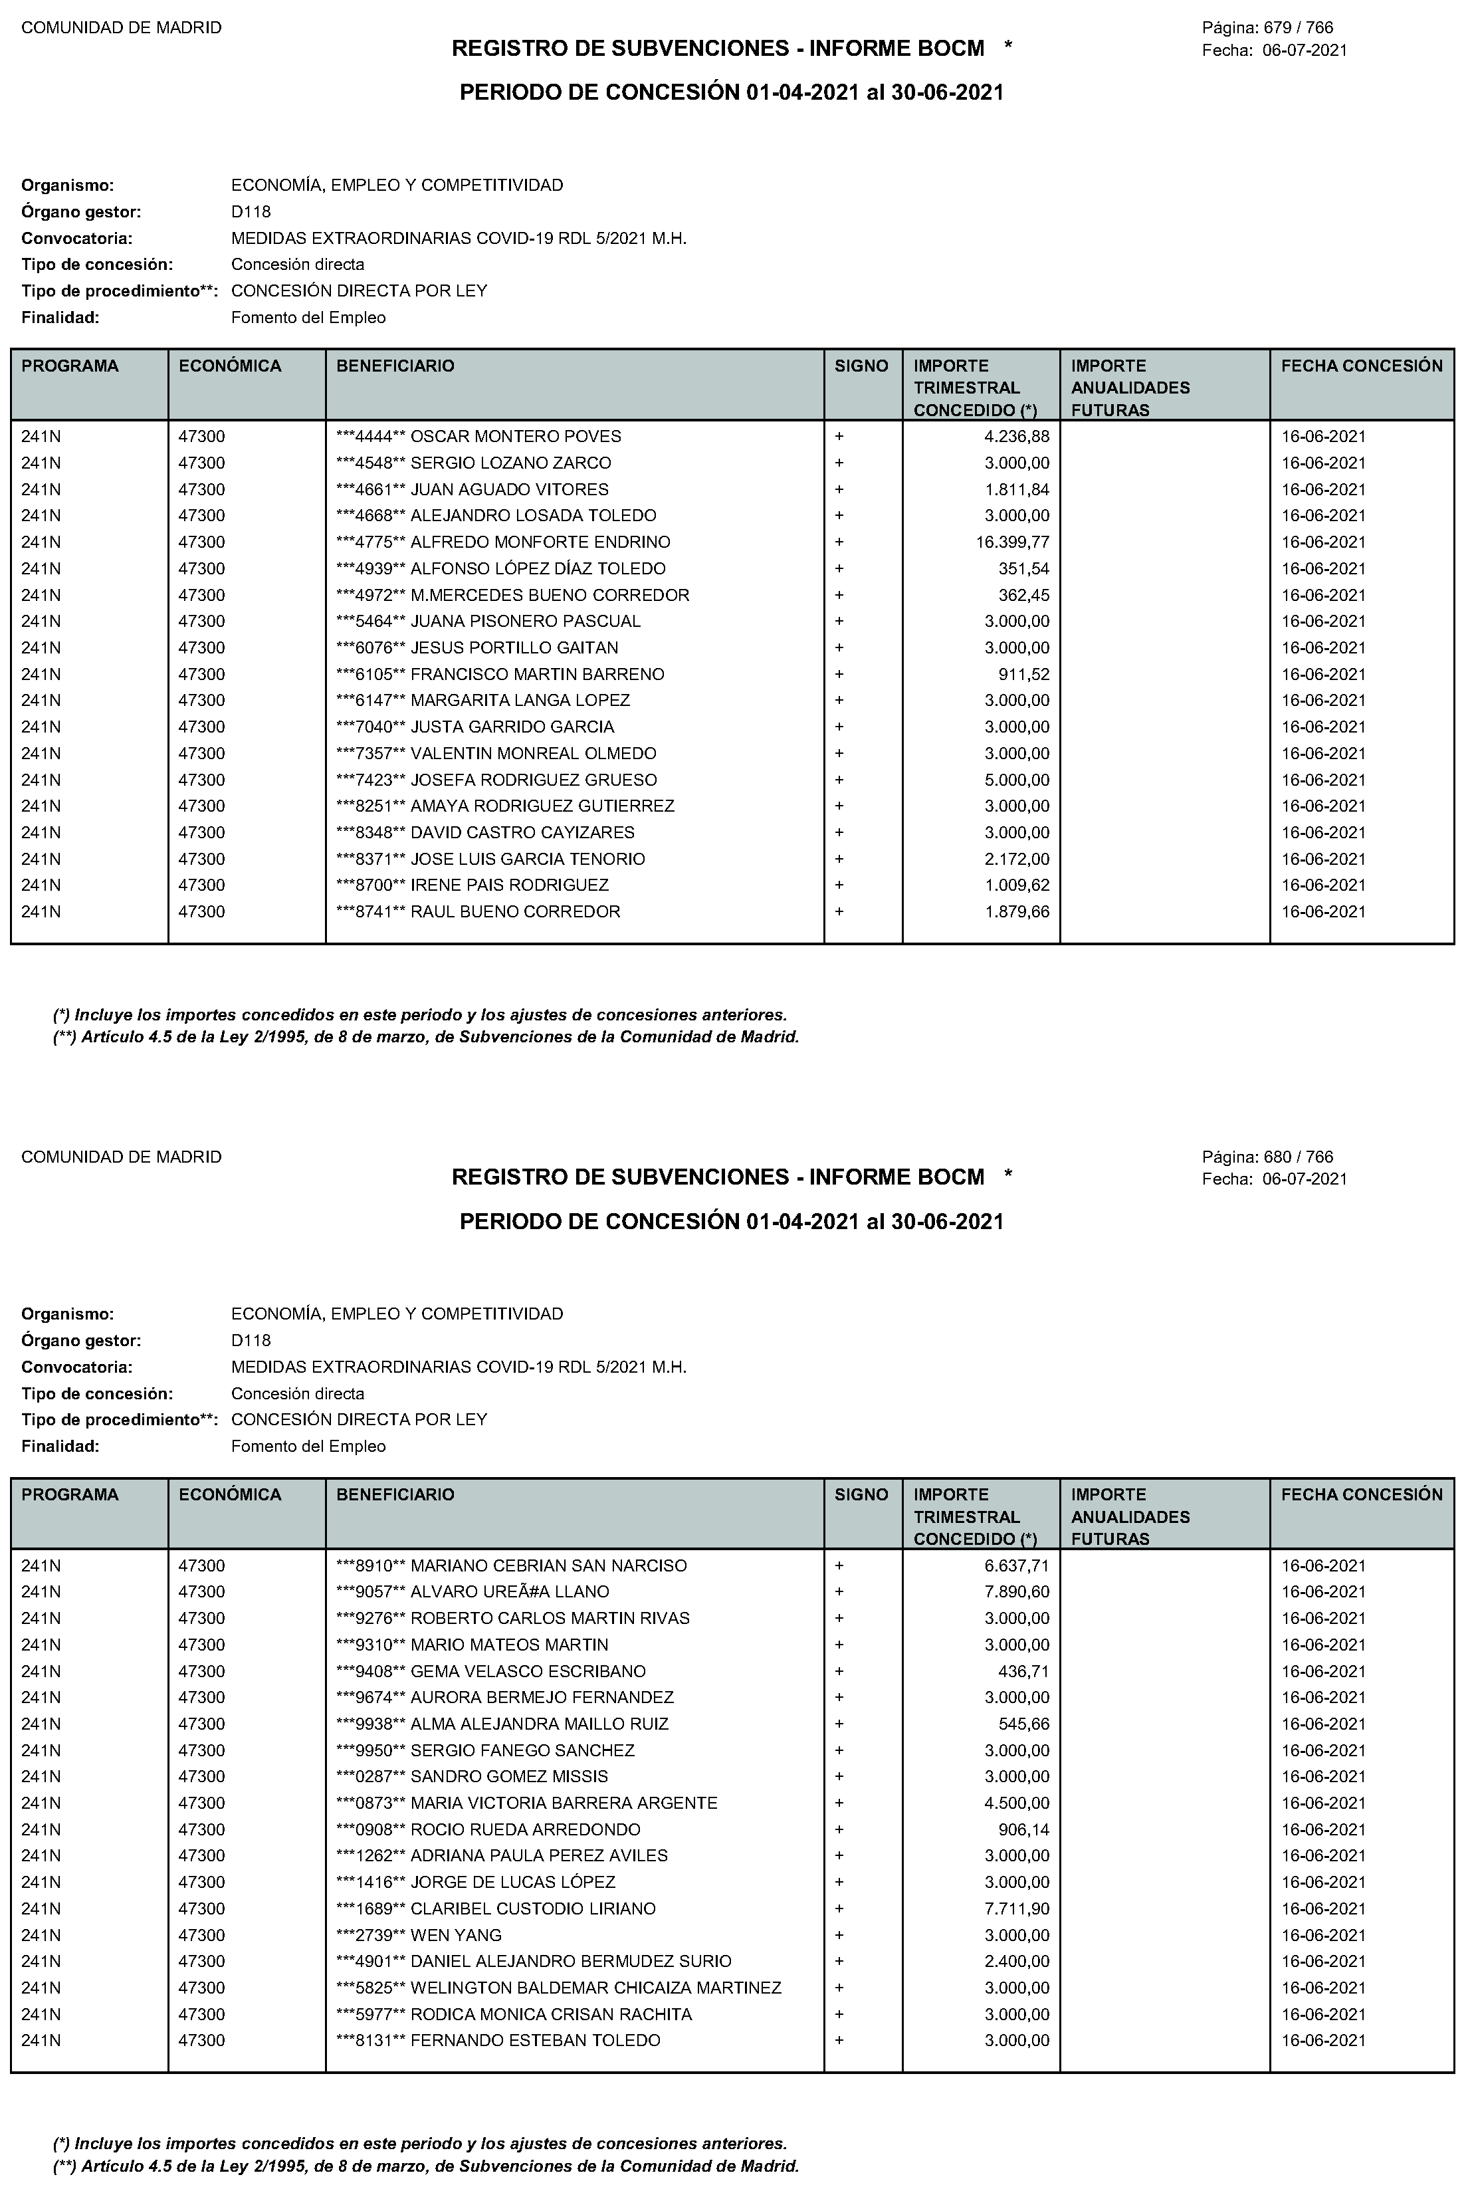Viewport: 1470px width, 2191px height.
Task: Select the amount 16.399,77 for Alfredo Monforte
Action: (1013, 542)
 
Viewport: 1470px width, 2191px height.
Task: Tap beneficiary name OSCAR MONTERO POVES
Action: (516, 437)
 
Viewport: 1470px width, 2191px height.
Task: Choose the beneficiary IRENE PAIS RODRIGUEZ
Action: (510, 885)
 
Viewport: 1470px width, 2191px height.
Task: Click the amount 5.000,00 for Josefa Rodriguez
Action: (1016, 780)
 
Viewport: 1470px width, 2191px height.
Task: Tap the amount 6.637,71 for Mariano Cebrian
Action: (1016, 1565)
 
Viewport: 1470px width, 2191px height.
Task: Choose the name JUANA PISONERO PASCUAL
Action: (526, 622)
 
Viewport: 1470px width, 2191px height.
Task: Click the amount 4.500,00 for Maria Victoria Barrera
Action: (1016, 1803)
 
